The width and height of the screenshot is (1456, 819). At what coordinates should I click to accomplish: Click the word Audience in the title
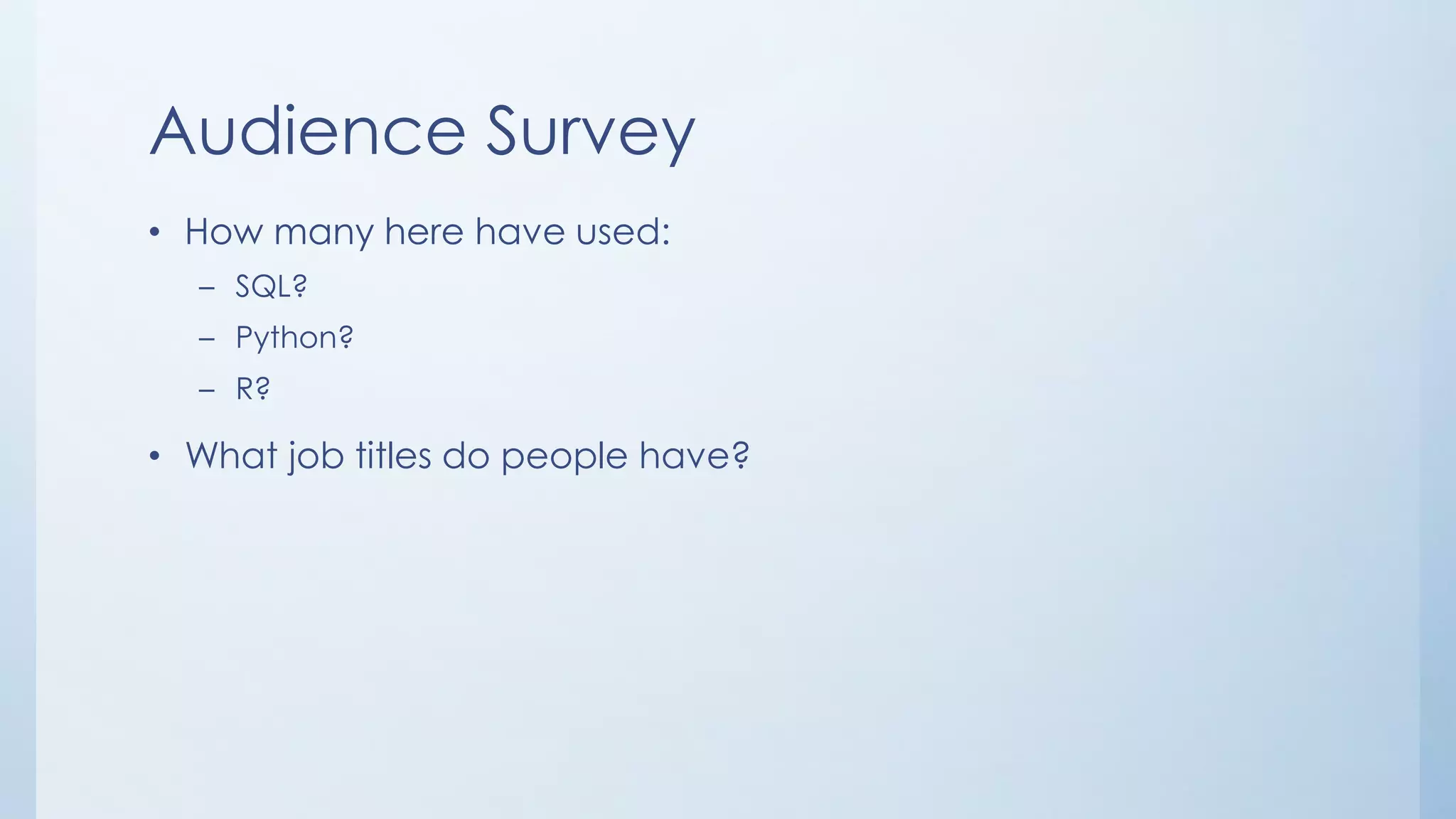tap(308, 132)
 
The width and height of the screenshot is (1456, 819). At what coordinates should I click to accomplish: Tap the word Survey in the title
tap(590, 133)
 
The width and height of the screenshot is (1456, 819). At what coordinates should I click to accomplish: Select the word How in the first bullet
tap(223, 232)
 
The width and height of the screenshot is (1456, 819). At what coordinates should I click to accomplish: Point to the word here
tap(424, 232)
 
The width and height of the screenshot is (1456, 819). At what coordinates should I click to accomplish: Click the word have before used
tap(519, 232)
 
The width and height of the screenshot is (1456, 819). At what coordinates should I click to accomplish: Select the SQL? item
tap(271, 287)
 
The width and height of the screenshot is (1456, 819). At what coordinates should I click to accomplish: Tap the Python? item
tap(294, 338)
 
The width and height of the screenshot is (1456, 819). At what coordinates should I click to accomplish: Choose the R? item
tap(252, 389)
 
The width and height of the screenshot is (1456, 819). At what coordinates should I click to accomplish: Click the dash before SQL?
tap(207, 289)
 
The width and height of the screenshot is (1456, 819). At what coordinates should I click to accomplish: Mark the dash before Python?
tap(207, 340)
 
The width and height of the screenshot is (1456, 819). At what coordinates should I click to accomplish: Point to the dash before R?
tap(207, 390)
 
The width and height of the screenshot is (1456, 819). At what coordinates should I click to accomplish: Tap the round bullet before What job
tap(155, 457)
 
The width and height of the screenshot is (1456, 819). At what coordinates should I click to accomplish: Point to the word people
tap(564, 457)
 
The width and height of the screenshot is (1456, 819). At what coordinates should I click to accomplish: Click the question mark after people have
tap(740, 455)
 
